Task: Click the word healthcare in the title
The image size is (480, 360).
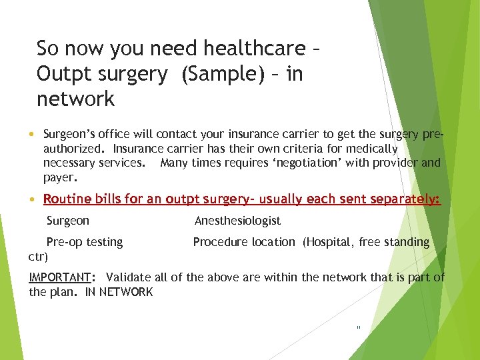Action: click(245, 49)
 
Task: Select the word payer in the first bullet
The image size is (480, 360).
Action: click(59, 178)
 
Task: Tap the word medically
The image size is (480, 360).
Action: click(371, 149)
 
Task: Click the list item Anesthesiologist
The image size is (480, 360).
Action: click(237, 221)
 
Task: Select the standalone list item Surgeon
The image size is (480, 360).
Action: click(67, 221)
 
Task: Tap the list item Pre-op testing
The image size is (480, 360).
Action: click(84, 242)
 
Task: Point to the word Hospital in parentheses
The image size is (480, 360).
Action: click(327, 242)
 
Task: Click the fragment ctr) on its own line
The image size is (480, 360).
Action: click(38, 256)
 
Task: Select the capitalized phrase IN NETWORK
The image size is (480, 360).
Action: click(119, 292)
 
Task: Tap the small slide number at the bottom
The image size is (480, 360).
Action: click(359, 327)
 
